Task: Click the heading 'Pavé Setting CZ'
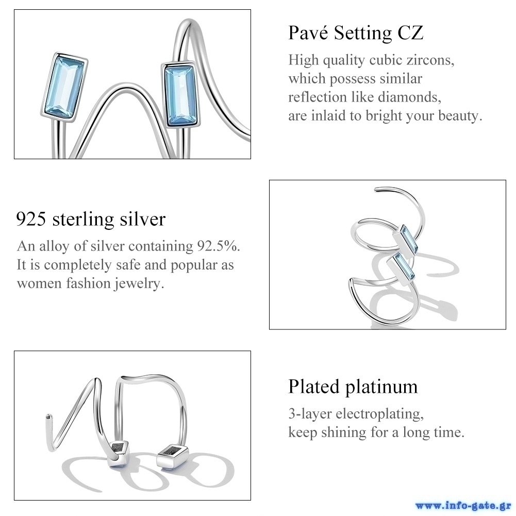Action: pyautogui.click(x=356, y=33)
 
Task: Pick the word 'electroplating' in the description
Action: pyautogui.click(x=379, y=413)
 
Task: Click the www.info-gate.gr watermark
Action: pyautogui.click(x=463, y=506)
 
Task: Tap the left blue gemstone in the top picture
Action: pyautogui.click(x=64, y=87)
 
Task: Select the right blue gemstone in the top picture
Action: pyautogui.click(x=180, y=95)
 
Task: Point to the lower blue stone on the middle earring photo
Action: pyautogui.click(x=401, y=267)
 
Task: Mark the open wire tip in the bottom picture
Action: pyautogui.click(x=48, y=417)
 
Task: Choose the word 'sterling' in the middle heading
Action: pyautogui.click(x=84, y=220)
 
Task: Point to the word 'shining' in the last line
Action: pyautogui.click(x=343, y=432)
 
